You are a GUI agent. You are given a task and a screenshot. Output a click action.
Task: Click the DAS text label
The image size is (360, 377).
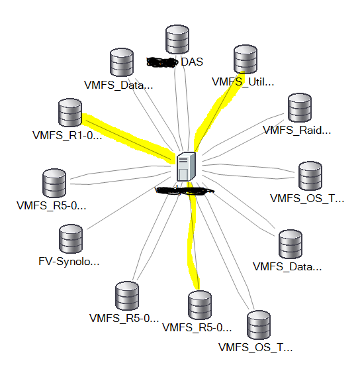pos(192,62)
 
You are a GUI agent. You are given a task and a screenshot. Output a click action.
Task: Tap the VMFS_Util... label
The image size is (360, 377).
pos(242,82)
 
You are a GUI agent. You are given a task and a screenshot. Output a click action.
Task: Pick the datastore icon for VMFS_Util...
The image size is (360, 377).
pos(246,60)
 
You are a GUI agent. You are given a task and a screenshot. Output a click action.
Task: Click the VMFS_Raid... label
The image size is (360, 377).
pos(296,131)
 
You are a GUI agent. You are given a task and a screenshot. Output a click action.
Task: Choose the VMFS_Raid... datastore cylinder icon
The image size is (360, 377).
pos(300,108)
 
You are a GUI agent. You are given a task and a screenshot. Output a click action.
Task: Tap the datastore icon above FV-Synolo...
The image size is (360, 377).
pos(71,239)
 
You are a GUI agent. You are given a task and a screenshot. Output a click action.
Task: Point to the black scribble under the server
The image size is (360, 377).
pos(185,191)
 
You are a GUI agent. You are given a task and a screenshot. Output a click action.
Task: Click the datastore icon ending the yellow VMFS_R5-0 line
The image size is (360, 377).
pos(199,304)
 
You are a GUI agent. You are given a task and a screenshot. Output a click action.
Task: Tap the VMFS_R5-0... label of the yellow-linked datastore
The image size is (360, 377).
pos(197,327)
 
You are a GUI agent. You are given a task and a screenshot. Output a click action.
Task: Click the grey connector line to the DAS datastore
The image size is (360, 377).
pos(178,106)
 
